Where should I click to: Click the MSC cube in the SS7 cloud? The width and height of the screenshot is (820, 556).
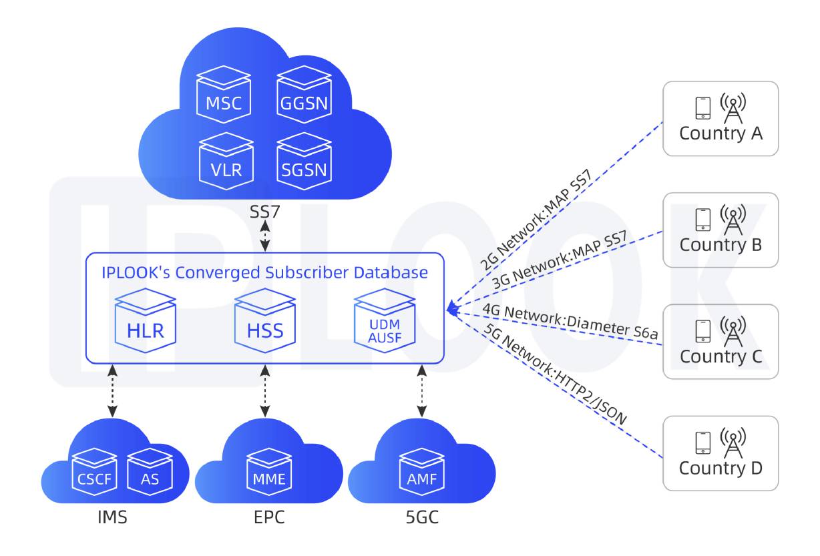coord(224,97)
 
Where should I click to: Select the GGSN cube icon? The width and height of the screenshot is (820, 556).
coord(304,97)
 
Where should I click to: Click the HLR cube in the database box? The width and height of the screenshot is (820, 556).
coord(146,322)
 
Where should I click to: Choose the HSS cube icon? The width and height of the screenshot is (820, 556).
coord(265,322)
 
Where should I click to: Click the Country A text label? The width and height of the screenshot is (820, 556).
coord(721,133)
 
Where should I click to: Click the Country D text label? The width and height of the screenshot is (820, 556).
coord(721,468)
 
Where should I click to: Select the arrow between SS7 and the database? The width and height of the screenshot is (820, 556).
coord(265,236)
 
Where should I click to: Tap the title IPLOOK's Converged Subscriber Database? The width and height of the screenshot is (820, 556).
coord(264,272)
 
